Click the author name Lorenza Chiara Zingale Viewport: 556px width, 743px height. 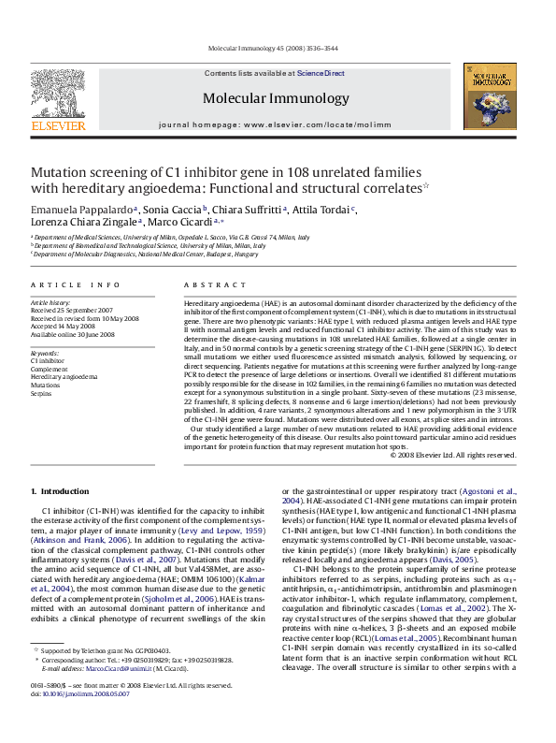coord(84,223)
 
